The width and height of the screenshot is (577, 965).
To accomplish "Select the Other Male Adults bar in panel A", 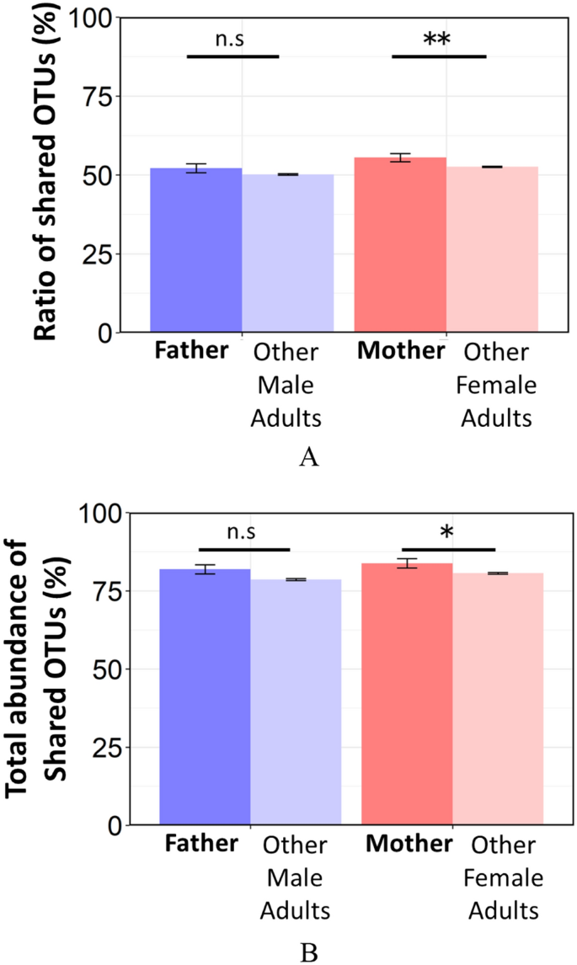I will [x=288, y=253].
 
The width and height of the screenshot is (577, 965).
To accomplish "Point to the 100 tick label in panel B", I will [x=102, y=512].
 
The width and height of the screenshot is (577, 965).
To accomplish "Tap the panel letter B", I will [x=309, y=952].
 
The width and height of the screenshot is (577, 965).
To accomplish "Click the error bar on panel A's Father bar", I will [x=196, y=168].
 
